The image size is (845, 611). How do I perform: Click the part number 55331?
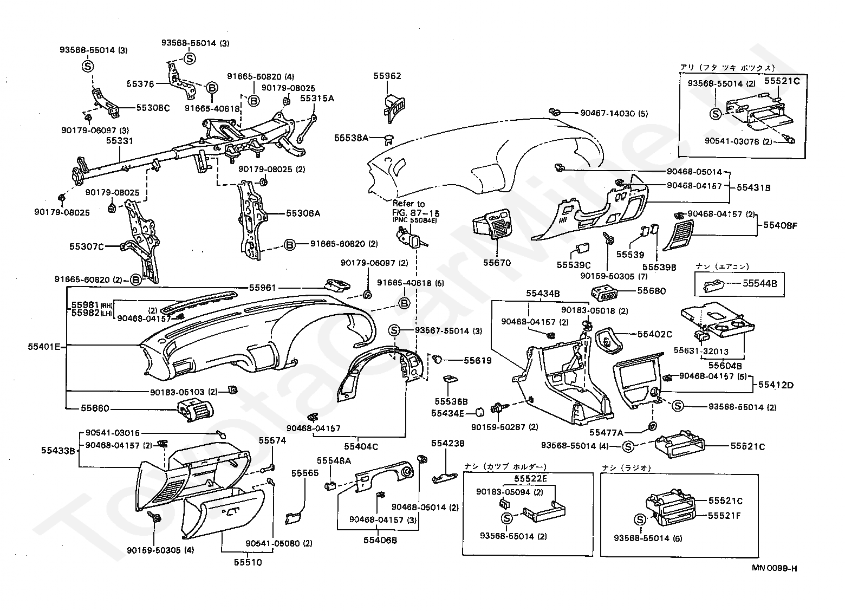click(120, 141)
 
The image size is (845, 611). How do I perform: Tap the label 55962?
click(387, 76)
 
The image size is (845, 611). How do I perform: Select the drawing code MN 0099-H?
click(775, 568)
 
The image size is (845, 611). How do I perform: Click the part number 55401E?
click(44, 347)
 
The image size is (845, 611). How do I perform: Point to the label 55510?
click(248, 562)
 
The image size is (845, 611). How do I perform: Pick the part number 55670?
click(497, 263)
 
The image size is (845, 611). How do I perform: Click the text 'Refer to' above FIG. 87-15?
click(409, 204)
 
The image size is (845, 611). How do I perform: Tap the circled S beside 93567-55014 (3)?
click(394, 330)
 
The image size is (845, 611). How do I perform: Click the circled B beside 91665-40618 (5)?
click(404, 303)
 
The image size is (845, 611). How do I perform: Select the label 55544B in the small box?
click(760, 283)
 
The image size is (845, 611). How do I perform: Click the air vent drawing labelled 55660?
click(194, 411)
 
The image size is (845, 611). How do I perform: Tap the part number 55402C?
click(654, 334)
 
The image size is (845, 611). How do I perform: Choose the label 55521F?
click(724, 516)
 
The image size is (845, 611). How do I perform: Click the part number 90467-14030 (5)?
click(614, 113)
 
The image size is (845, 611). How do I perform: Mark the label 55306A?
click(303, 213)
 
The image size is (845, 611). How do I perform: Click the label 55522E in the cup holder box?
click(530, 479)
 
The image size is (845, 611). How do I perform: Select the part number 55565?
click(305, 473)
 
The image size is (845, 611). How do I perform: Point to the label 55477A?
click(606, 433)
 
